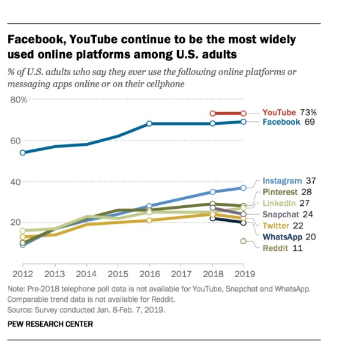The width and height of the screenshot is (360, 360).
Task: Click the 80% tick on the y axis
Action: pos(19,100)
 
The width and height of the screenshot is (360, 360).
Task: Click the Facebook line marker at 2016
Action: pos(149,124)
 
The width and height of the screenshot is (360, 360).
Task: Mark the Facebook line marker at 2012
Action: pos(23,152)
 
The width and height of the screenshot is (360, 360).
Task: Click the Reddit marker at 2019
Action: pos(243,241)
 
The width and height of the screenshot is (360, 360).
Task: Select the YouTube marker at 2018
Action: pos(212,113)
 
